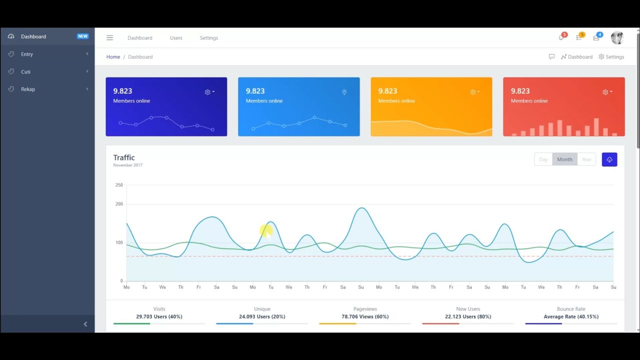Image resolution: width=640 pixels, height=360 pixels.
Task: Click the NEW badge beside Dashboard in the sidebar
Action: click(82, 36)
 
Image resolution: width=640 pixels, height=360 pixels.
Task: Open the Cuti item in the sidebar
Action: click(25, 71)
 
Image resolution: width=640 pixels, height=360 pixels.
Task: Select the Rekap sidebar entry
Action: click(28, 89)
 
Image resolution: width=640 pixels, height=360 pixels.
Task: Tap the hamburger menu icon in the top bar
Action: click(109, 37)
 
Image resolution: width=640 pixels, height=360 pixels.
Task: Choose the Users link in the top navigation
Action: click(176, 37)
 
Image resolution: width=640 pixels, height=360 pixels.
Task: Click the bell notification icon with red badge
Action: click(561, 37)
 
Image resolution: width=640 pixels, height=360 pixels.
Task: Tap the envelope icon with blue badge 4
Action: click(596, 37)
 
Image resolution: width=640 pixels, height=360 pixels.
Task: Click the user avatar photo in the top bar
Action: click(617, 37)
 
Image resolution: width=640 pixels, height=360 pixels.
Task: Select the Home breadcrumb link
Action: click(113, 57)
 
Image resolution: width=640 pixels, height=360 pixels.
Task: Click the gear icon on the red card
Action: click(605, 92)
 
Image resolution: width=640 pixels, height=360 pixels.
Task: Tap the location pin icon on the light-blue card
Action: click(344, 92)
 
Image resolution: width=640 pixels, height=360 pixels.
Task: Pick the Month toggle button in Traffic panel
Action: click(564, 159)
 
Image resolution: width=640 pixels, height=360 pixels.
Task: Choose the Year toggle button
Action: click(586, 159)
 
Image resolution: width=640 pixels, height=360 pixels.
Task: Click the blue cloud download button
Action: click(609, 159)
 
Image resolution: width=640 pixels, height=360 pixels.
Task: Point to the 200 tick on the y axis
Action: click(119, 204)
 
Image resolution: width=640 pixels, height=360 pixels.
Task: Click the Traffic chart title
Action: click(124, 157)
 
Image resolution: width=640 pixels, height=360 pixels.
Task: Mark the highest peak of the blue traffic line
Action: click(361, 207)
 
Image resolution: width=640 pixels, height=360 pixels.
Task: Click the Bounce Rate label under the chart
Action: click(571, 309)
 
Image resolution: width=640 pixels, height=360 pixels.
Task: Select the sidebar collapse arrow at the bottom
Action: click(85, 324)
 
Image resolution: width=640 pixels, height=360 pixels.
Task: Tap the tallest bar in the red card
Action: click(596, 127)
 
